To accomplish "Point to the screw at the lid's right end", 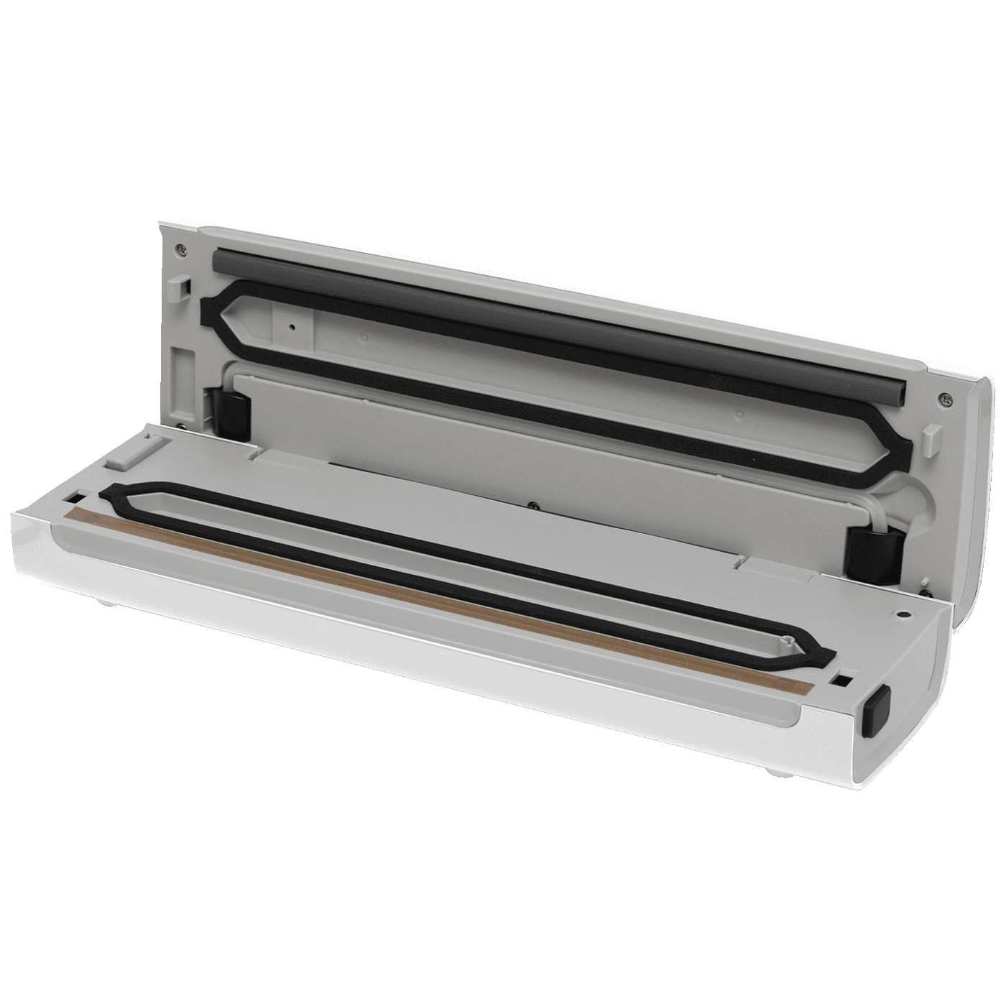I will pyautogui.click(x=942, y=397).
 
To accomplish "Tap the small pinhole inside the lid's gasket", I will pyautogui.click(x=292, y=326).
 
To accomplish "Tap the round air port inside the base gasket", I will pyautogui.click(x=790, y=637).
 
